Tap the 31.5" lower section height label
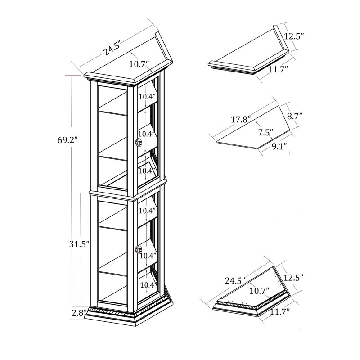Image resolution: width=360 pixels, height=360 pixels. tap(79, 244)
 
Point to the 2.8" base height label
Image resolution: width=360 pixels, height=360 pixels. tap(79, 313)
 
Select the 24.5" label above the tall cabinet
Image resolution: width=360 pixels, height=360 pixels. tap(112, 49)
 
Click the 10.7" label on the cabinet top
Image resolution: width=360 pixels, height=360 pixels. tap(139, 64)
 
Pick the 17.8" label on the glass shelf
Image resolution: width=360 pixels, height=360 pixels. tap(240, 120)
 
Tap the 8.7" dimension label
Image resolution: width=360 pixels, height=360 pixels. tap(295, 116)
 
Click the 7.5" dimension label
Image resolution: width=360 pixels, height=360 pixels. tap(265, 132)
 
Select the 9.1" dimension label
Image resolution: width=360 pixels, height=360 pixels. tap(279, 146)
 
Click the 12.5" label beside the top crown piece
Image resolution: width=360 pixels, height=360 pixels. tap(294, 36)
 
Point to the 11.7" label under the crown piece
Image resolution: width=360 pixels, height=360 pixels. tap(278, 69)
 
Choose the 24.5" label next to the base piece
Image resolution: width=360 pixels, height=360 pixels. tap(235, 280)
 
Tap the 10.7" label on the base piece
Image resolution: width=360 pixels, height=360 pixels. tap(260, 291)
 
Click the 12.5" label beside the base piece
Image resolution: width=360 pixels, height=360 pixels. tap(294, 278)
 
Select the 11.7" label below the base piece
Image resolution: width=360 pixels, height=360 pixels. tap(279, 312)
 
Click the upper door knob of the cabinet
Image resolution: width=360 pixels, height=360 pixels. tap(139, 142)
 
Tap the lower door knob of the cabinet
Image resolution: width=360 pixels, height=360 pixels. tap(139, 249)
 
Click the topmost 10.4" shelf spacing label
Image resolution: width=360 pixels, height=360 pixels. tap(147, 97)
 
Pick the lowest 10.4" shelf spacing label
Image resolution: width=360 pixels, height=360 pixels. tap(148, 285)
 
